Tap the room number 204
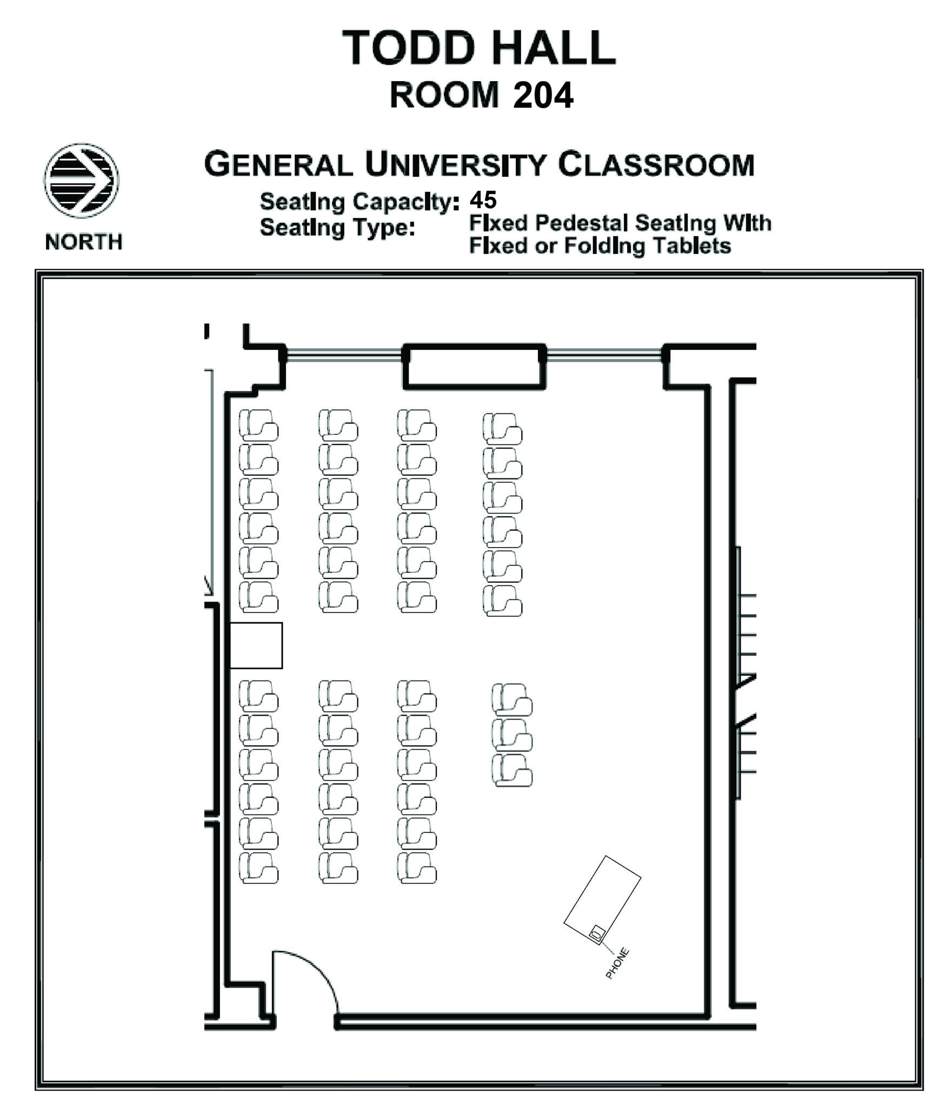(x=542, y=96)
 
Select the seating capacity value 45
(x=482, y=200)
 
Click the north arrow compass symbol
(x=81, y=181)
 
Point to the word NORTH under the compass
(x=84, y=242)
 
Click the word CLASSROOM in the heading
(x=656, y=165)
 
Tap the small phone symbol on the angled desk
(x=597, y=932)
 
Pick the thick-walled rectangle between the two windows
(x=474, y=366)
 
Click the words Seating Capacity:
(x=359, y=202)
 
